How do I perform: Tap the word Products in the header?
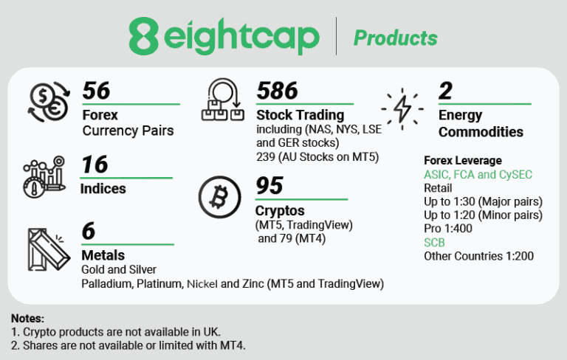click(x=395, y=38)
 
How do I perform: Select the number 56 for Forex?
click(x=96, y=91)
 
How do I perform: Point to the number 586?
click(x=277, y=91)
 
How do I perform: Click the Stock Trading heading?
click(x=300, y=115)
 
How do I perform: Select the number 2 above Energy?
click(x=445, y=91)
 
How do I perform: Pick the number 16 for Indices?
click(x=94, y=164)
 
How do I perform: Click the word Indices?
click(x=103, y=188)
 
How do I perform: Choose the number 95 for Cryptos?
click(x=270, y=186)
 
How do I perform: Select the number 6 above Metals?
click(x=89, y=231)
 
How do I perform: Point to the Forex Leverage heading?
click(x=463, y=161)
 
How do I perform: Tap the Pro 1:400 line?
click(x=448, y=229)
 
